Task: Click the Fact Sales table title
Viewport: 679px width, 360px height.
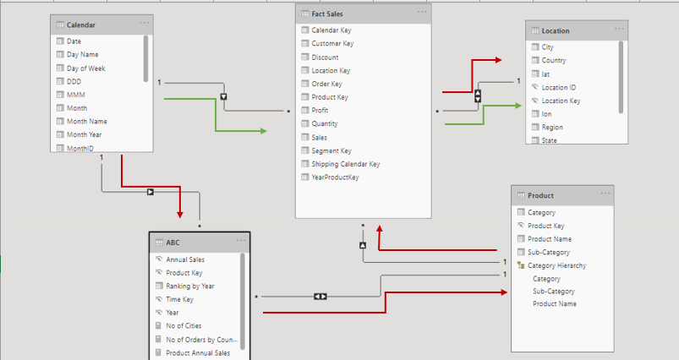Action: coord(327,14)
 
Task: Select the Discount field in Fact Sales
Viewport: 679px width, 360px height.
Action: coord(325,57)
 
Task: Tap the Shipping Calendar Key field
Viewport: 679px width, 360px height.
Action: coord(345,164)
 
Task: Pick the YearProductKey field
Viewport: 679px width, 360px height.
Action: coord(335,177)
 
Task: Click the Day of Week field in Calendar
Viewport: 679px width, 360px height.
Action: coord(85,68)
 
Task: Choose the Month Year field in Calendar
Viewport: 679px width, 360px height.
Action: coord(85,134)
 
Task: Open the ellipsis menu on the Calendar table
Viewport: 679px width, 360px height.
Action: coord(145,24)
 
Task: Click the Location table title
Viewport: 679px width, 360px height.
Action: coord(556,31)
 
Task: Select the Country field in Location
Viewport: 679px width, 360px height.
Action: coord(554,61)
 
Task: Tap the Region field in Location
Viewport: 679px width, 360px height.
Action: coord(552,128)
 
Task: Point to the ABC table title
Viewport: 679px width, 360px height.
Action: coord(173,242)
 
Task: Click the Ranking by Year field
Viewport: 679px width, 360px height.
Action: coord(190,286)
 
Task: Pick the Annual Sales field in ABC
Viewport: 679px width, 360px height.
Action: coord(185,260)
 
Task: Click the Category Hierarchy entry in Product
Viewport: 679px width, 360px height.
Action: coord(556,265)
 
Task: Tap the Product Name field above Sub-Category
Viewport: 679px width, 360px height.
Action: coord(550,239)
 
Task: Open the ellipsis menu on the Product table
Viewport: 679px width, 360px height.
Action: coord(605,194)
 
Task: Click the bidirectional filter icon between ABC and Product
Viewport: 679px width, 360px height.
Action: coord(320,297)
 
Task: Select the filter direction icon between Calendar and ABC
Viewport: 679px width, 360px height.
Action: coord(151,192)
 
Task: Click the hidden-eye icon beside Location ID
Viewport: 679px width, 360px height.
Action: coord(534,87)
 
